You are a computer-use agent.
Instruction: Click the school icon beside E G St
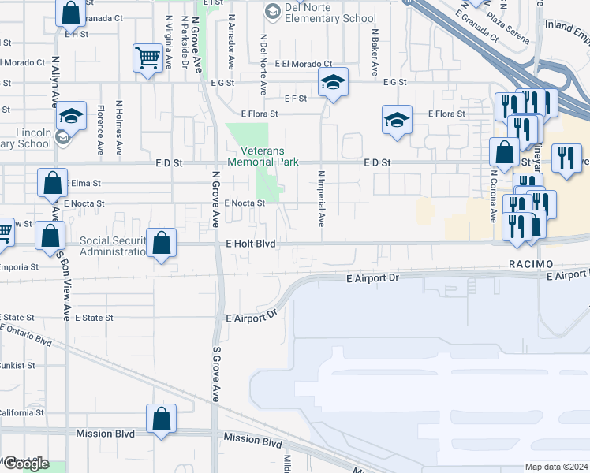334,81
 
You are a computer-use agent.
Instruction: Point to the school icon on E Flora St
397,120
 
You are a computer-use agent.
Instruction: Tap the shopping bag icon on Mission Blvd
161,419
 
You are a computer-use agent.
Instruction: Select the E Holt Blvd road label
250,244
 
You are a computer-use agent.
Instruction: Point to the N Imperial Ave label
321,197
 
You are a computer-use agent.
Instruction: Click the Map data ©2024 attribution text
556,467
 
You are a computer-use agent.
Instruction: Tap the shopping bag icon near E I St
70,13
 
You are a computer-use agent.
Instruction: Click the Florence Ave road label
101,129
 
